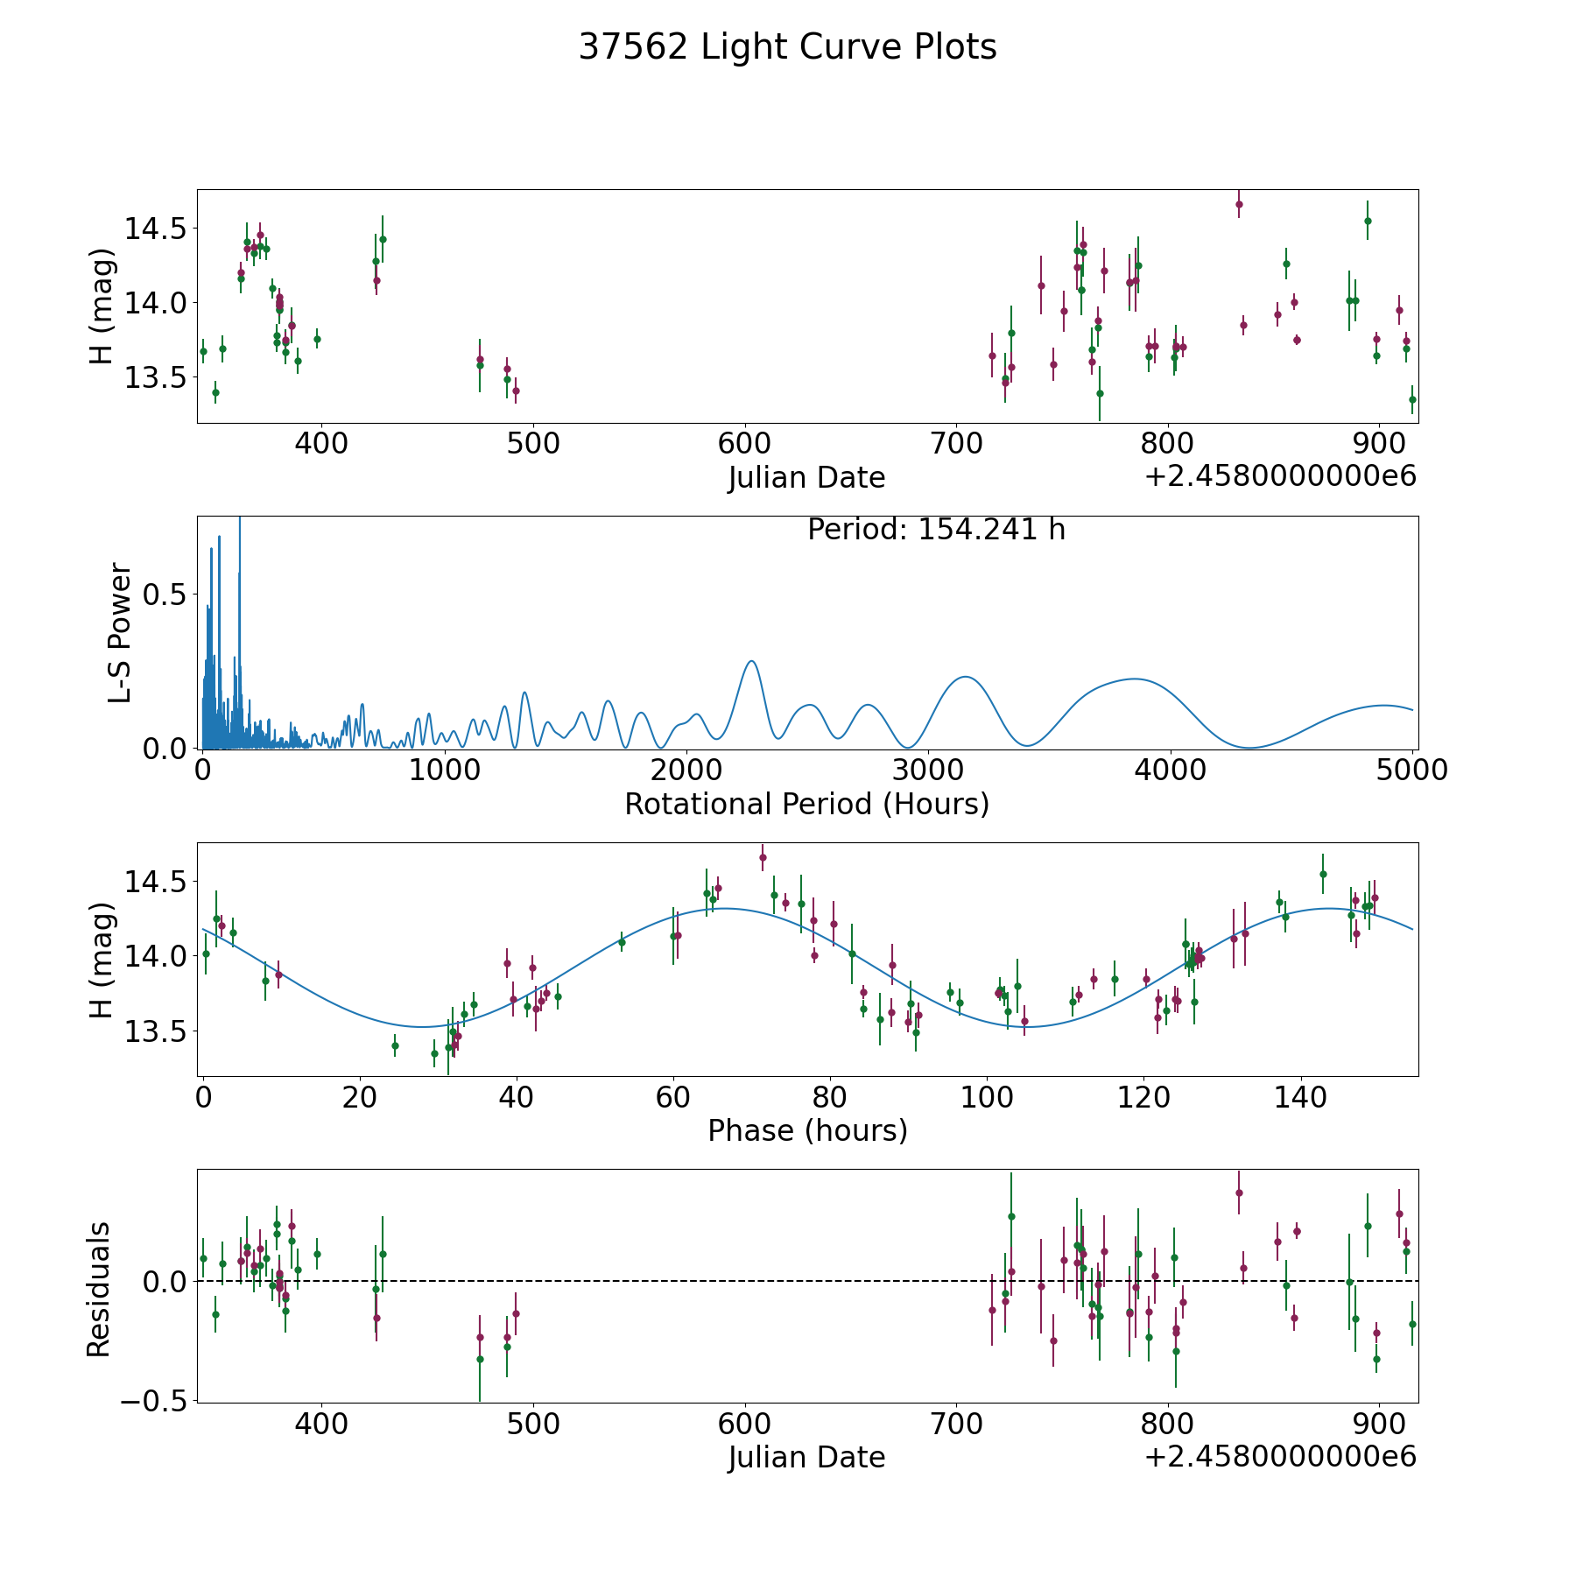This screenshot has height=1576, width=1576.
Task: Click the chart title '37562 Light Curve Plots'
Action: click(x=787, y=47)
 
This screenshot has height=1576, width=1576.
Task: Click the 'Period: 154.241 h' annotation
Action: click(x=936, y=530)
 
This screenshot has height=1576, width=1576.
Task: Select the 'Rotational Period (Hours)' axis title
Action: click(x=806, y=804)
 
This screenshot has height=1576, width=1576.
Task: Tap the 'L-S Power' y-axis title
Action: click(x=120, y=632)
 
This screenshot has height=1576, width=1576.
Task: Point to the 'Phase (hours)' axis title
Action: click(x=807, y=1130)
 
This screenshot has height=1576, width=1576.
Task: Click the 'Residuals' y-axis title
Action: click(x=99, y=1289)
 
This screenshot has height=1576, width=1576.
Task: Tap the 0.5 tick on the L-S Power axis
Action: click(x=165, y=595)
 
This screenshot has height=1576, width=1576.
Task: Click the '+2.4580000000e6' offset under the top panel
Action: click(x=1280, y=476)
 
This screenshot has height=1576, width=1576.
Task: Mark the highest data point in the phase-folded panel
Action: click(x=763, y=857)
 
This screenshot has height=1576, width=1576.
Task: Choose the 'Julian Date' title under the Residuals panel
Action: click(x=806, y=1457)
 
